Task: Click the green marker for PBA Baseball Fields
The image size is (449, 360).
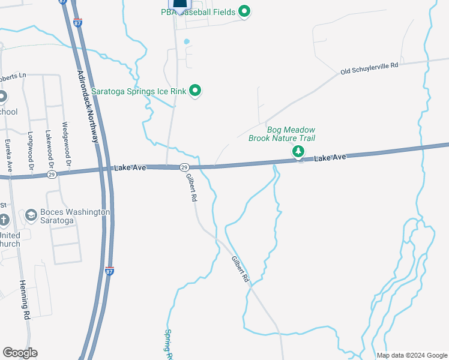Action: coord(244,11)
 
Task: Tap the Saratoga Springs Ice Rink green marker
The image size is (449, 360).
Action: coord(194,91)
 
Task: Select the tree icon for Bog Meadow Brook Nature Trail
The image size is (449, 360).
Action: coord(298,152)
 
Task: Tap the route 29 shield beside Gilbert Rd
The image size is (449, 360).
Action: coord(184,167)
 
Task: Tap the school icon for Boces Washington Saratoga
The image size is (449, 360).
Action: coord(31,215)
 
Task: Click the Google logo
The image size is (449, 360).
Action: coord(20,353)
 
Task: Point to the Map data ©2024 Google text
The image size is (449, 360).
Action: coord(412,355)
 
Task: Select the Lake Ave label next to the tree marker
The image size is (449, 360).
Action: coord(331,157)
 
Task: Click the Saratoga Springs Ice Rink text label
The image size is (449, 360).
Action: coord(139,91)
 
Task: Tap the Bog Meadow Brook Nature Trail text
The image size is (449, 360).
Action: coord(282,134)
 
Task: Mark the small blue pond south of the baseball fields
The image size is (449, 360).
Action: coord(187,41)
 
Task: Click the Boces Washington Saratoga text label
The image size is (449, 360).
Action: coord(74,216)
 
